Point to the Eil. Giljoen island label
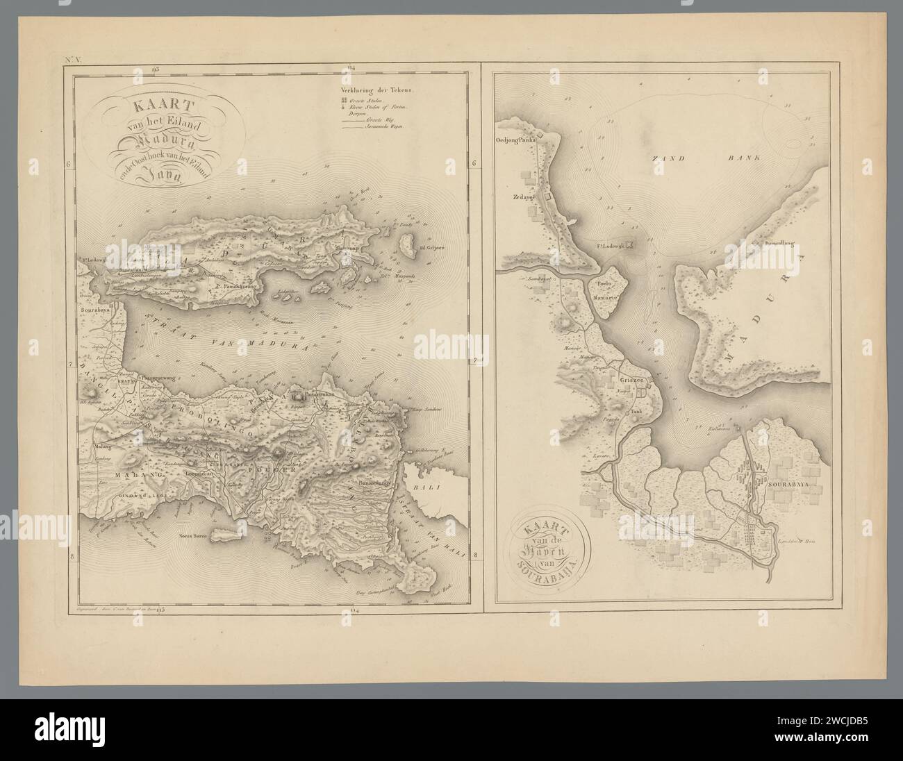(x=427, y=246)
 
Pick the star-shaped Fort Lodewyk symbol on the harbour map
(x=630, y=244)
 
